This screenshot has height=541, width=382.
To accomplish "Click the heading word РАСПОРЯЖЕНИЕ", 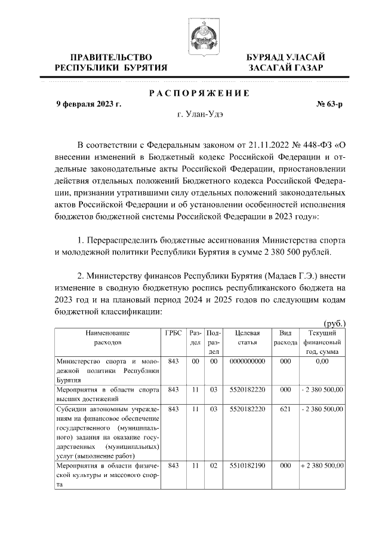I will [x=199, y=93].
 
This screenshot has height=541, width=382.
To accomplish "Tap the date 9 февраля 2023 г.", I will [x=88, y=103].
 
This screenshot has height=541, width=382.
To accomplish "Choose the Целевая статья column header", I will [x=247, y=338].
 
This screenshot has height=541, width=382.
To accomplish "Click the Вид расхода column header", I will [x=285, y=338].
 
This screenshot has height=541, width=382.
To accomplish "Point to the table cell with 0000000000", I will [x=247, y=362].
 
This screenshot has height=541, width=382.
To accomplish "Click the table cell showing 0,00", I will [x=322, y=362].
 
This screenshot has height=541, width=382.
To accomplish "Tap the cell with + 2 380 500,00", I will [x=322, y=465].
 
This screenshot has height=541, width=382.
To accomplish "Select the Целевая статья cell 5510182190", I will [x=247, y=465].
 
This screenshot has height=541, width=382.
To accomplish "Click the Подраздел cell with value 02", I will [x=212, y=465].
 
